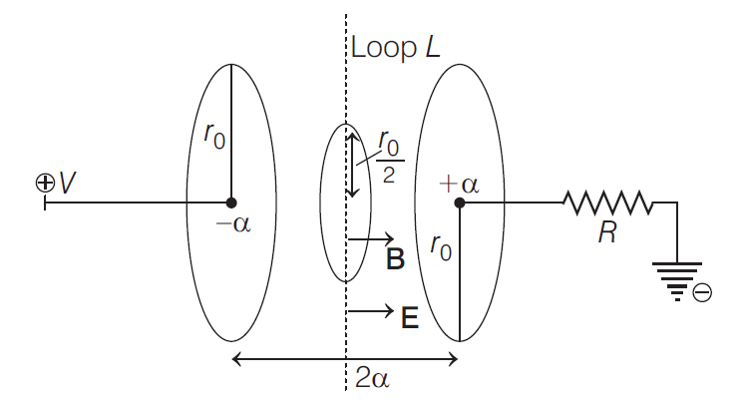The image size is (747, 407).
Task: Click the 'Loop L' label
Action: pos(397,46)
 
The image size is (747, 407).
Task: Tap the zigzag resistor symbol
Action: pos(608,203)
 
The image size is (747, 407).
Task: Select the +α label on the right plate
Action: pos(460,184)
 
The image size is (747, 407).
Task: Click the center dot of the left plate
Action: pos(231,203)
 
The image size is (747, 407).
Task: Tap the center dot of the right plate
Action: pos(459,203)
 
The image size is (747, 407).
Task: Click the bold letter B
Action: pos(394,261)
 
